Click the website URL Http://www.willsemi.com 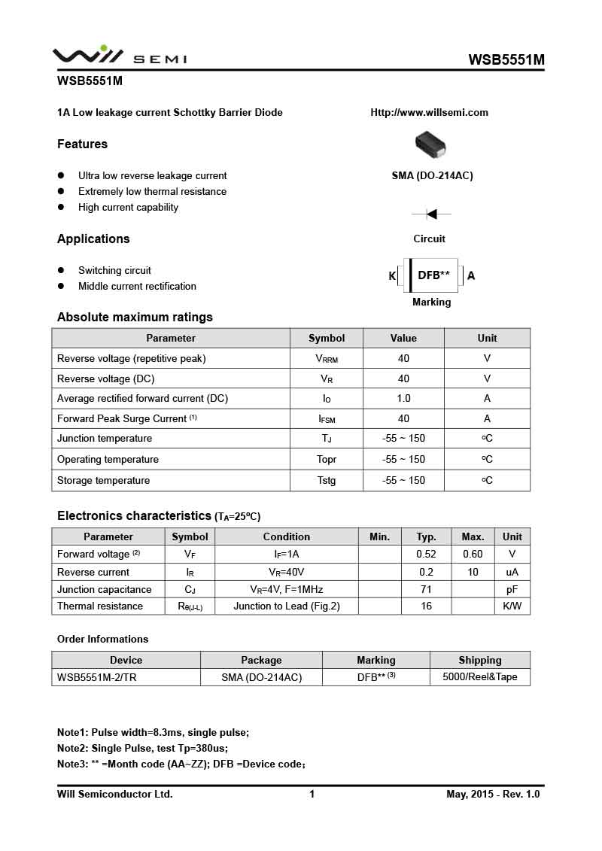[429, 113]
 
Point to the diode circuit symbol [431, 214]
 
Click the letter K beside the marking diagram [392, 276]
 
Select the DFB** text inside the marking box [433, 275]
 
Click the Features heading [82, 144]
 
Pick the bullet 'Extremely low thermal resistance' [152, 192]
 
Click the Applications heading [93, 239]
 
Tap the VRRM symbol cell [327, 359]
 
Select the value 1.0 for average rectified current [403, 399]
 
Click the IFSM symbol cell [327, 419]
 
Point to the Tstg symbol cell [327, 481]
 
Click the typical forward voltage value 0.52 [426, 555]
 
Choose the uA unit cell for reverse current [512, 573]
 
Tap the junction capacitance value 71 [426, 590]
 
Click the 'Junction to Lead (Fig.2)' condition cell [286, 606]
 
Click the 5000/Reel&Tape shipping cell [479, 677]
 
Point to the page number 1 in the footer [312, 795]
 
